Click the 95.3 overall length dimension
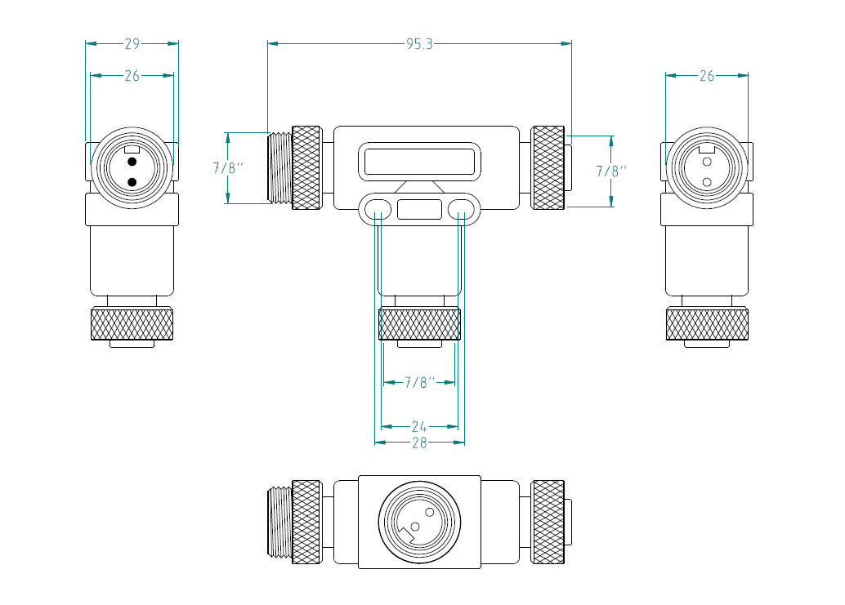[419, 44]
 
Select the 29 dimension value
[132, 44]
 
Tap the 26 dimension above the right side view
[707, 76]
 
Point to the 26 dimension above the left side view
[132, 76]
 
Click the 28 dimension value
[419, 443]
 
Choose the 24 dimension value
[419, 426]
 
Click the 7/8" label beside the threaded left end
[229, 168]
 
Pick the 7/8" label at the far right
[611, 171]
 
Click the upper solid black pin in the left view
[132, 162]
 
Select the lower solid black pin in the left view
[132, 181]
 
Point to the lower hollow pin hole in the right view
[708, 181]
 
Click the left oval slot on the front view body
[377, 208]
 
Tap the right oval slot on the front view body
[462, 208]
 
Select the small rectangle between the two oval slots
[419, 208]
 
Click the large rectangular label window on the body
[419, 162]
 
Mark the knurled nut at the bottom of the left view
[132, 324]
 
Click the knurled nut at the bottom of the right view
[708, 324]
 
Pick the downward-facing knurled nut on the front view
[419, 324]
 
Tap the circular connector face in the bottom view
[419, 522]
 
